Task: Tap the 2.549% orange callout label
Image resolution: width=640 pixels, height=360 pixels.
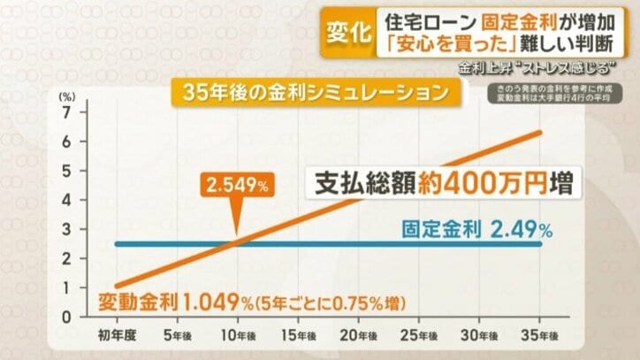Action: [x=237, y=185]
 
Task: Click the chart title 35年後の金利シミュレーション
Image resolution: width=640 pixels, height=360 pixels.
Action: [x=312, y=92]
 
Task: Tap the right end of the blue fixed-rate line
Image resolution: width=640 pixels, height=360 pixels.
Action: [x=540, y=244]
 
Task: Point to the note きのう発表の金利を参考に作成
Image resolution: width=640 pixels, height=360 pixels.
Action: [x=555, y=92]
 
